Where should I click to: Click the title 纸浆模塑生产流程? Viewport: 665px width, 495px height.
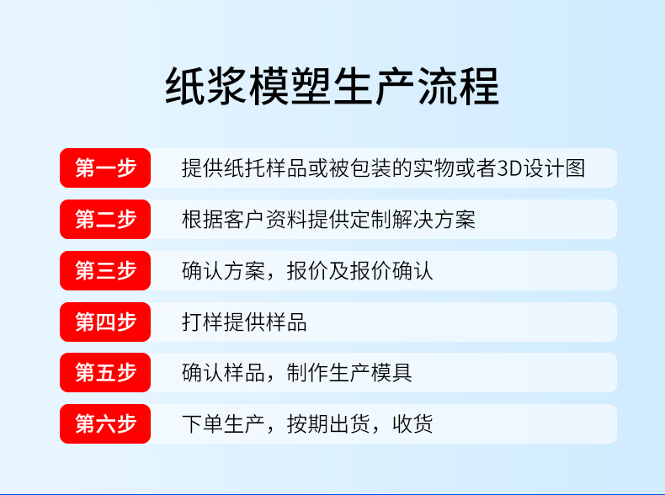(x=332, y=86)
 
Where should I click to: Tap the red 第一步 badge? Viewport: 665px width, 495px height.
(x=105, y=168)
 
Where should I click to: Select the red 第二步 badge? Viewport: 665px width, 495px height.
(x=105, y=219)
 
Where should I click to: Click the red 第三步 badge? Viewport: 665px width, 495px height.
(x=105, y=270)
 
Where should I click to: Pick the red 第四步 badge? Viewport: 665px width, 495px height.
(x=105, y=322)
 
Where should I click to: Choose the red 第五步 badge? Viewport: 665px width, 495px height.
(x=105, y=372)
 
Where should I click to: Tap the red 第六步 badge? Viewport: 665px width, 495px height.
(x=105, y=423)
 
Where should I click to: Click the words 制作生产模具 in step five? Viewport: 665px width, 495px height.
(x=349, y=373)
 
